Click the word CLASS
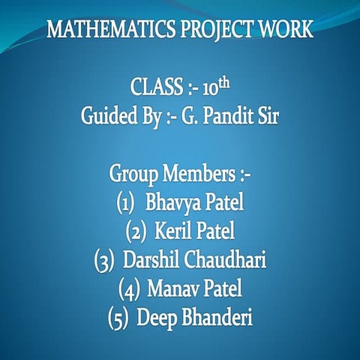click(x=154, y=87)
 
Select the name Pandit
click(x=224, y=117)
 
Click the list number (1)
click(x=125, y=203)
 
